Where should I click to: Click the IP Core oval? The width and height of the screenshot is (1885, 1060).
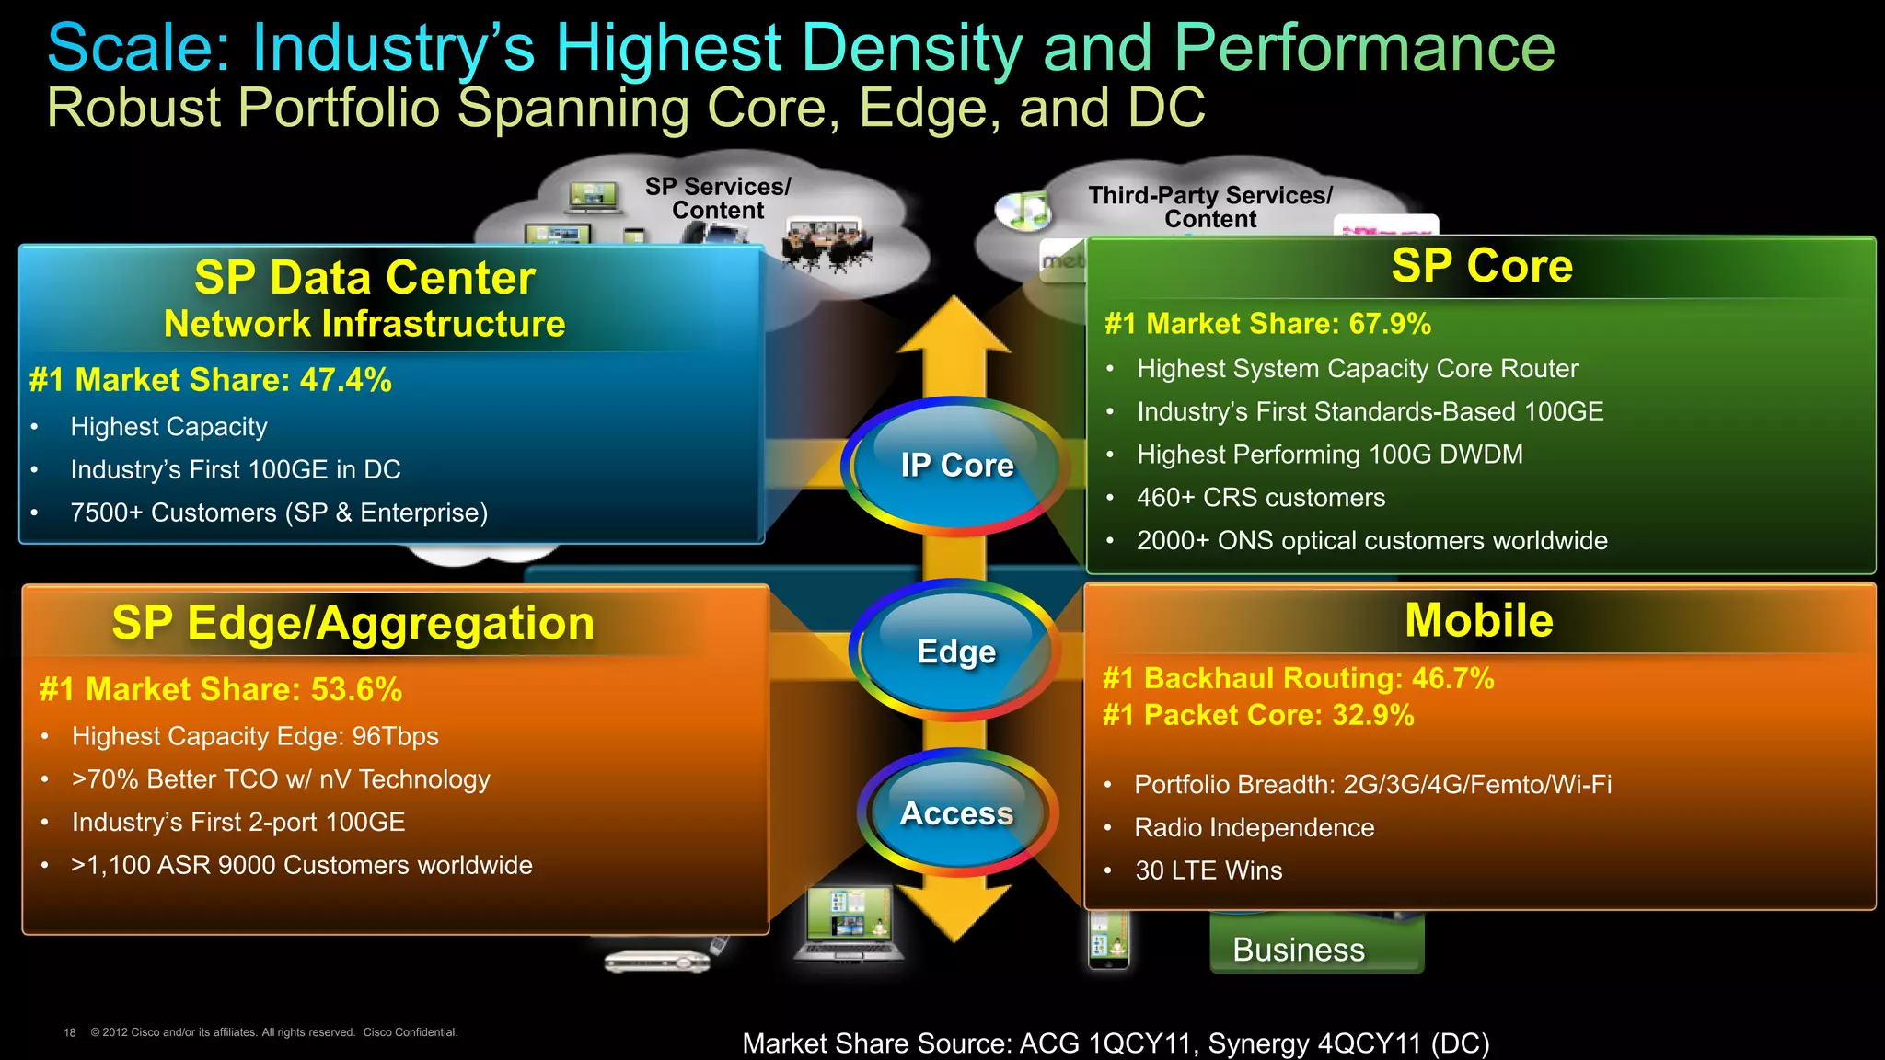click(x=955, y=466)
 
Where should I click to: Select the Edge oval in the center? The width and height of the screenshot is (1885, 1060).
click(x=955, y=651)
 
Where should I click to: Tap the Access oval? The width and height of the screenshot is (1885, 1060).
click(x=956, y=813)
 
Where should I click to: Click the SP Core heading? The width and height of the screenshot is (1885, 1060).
click(x=1481, y=266)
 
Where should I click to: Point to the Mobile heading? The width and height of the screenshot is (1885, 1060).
click(x=1478, y=620)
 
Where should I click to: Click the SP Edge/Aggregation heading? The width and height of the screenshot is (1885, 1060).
click(x=353, y=623)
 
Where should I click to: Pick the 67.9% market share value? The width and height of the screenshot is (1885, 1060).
click(x=1390, y=324)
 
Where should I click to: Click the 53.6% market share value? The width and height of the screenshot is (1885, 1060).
click(x=356, y=689)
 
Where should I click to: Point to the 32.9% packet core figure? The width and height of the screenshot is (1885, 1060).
click(x=1372, y=715)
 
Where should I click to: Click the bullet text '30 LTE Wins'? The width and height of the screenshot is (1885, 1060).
click(x=1208, y=870)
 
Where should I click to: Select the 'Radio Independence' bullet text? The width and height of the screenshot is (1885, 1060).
click(x=1254, y=827)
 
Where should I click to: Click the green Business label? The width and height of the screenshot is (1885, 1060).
click(x=1299, y=950)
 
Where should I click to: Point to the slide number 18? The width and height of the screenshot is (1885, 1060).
click(x=70, y=1032)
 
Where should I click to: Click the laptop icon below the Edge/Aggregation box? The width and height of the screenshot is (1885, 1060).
click(x=849, y=923)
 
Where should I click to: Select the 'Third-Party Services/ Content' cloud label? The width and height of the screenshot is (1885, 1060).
click(x=1209, y=207)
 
